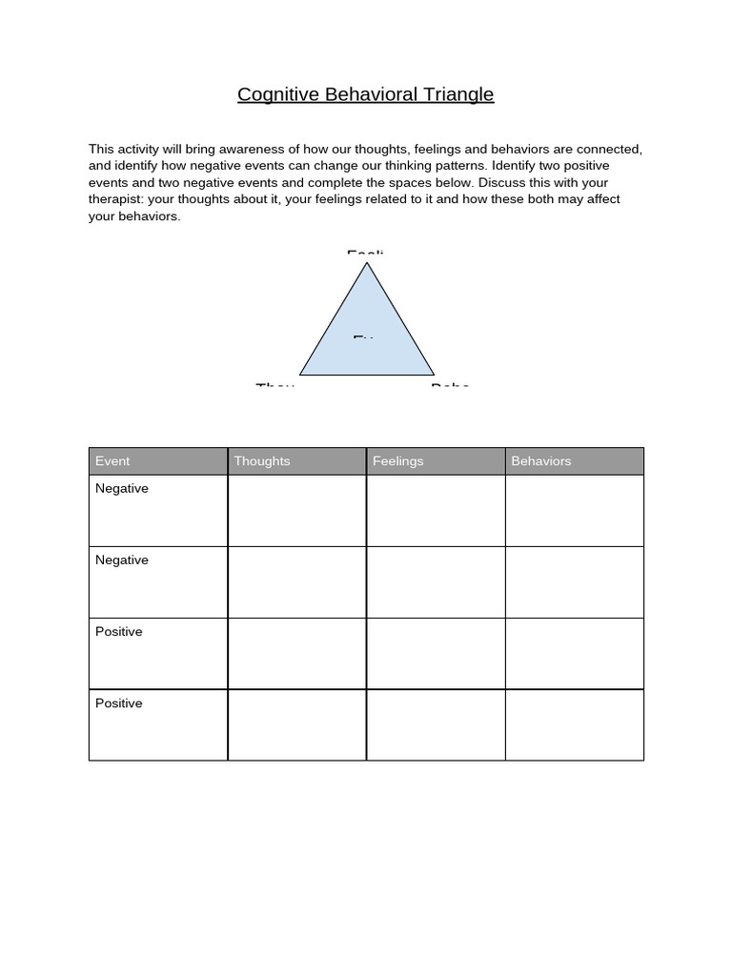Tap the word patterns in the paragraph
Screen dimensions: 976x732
[x=453, y=166]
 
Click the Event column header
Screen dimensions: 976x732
[x=112, y=461]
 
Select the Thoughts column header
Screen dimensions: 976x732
[x=262, y=461]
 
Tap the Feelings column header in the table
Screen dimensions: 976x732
[x=397, y=461]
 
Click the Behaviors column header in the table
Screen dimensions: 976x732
[x=541, y=461]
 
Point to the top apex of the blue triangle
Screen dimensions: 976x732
[x=367, y=263]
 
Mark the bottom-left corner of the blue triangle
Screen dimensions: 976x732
[x=301, y=374]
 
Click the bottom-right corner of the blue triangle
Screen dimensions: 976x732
[x=433, y=374]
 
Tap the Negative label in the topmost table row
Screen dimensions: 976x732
[x=122, y=489]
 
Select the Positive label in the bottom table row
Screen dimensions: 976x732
[x=119, y=703]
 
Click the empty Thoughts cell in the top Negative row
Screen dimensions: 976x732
[x=296, y=511]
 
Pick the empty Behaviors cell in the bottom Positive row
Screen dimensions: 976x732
[x=574, y=725]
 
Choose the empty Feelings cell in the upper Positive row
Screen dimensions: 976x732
[x=436, y=654]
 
